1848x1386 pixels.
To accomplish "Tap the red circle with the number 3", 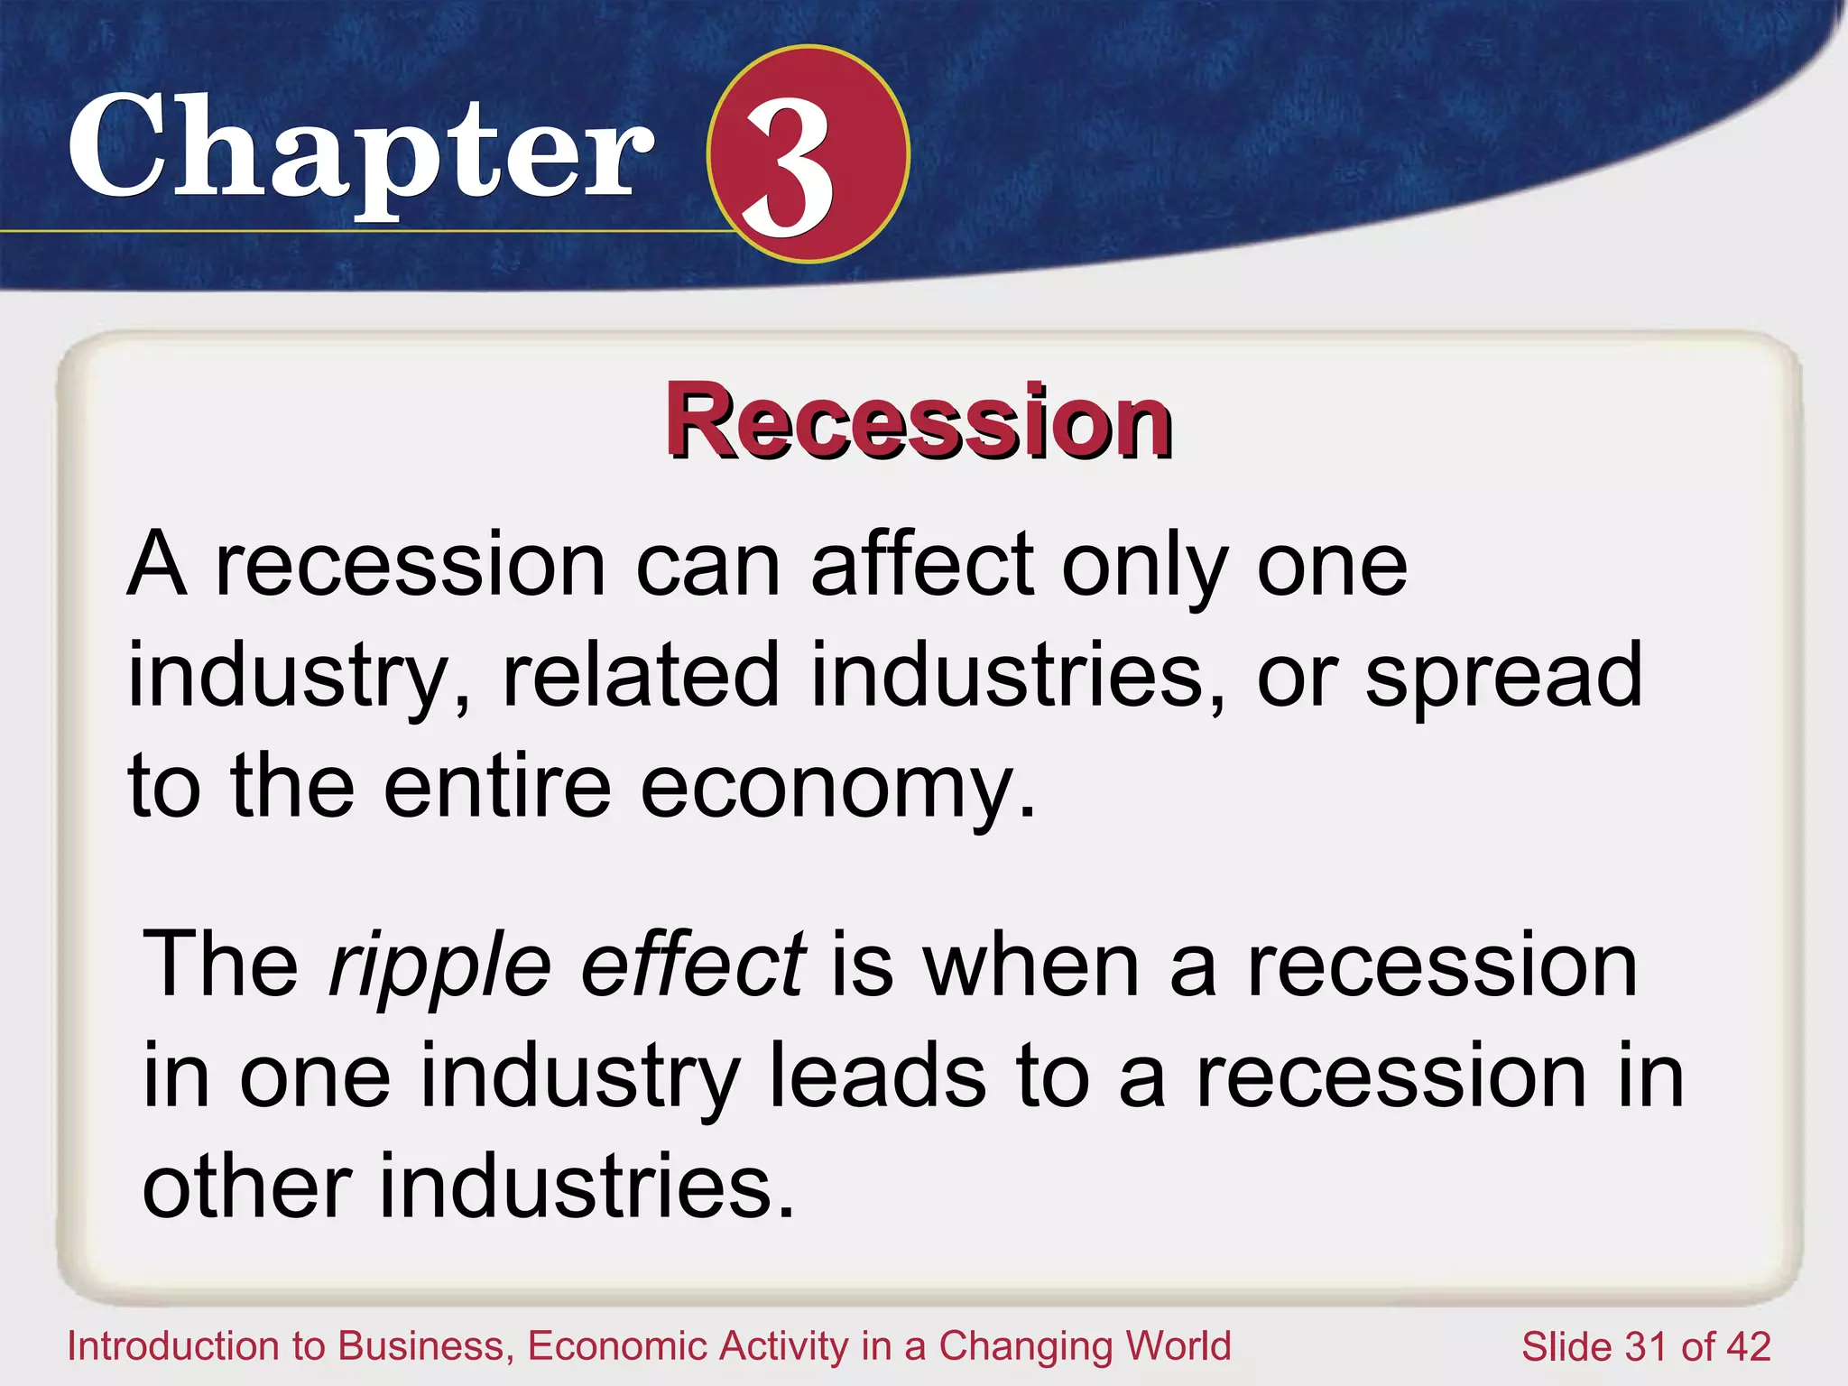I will [807, 154].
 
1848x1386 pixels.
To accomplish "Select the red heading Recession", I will [919, 421].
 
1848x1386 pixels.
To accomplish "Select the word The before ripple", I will [221, 965].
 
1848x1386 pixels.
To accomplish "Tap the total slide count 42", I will [1748, 1347].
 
